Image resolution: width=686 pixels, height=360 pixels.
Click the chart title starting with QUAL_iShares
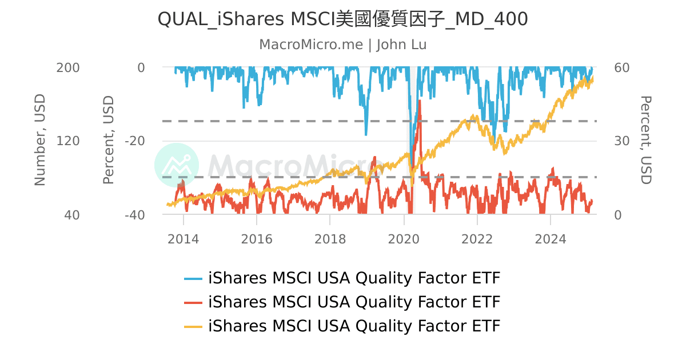click(x=342, y=19)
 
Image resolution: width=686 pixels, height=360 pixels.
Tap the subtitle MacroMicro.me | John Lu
click(x=342, y=45)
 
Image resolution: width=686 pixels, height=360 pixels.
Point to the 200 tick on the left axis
click(x=67, y=67)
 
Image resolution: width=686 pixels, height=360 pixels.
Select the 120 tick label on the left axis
click(x=67, y=141)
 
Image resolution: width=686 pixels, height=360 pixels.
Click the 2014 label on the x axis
click(x=184, y=239)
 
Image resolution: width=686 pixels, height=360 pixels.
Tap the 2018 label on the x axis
click(x=330, y=239)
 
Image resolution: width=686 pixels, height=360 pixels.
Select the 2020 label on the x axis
click(x=404, y=239)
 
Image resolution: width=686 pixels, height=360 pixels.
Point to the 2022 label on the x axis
click(x=477, y=239)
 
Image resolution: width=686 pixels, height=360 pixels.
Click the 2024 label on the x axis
click(x=551, y=239)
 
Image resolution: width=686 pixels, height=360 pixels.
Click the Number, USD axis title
click(x=39, y=141)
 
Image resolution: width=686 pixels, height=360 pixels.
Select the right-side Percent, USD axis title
click(x=645, y=141)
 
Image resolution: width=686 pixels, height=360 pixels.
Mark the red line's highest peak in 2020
click(x=420, y=101)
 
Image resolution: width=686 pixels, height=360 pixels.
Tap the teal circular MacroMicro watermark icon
click(x=177, y=165)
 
